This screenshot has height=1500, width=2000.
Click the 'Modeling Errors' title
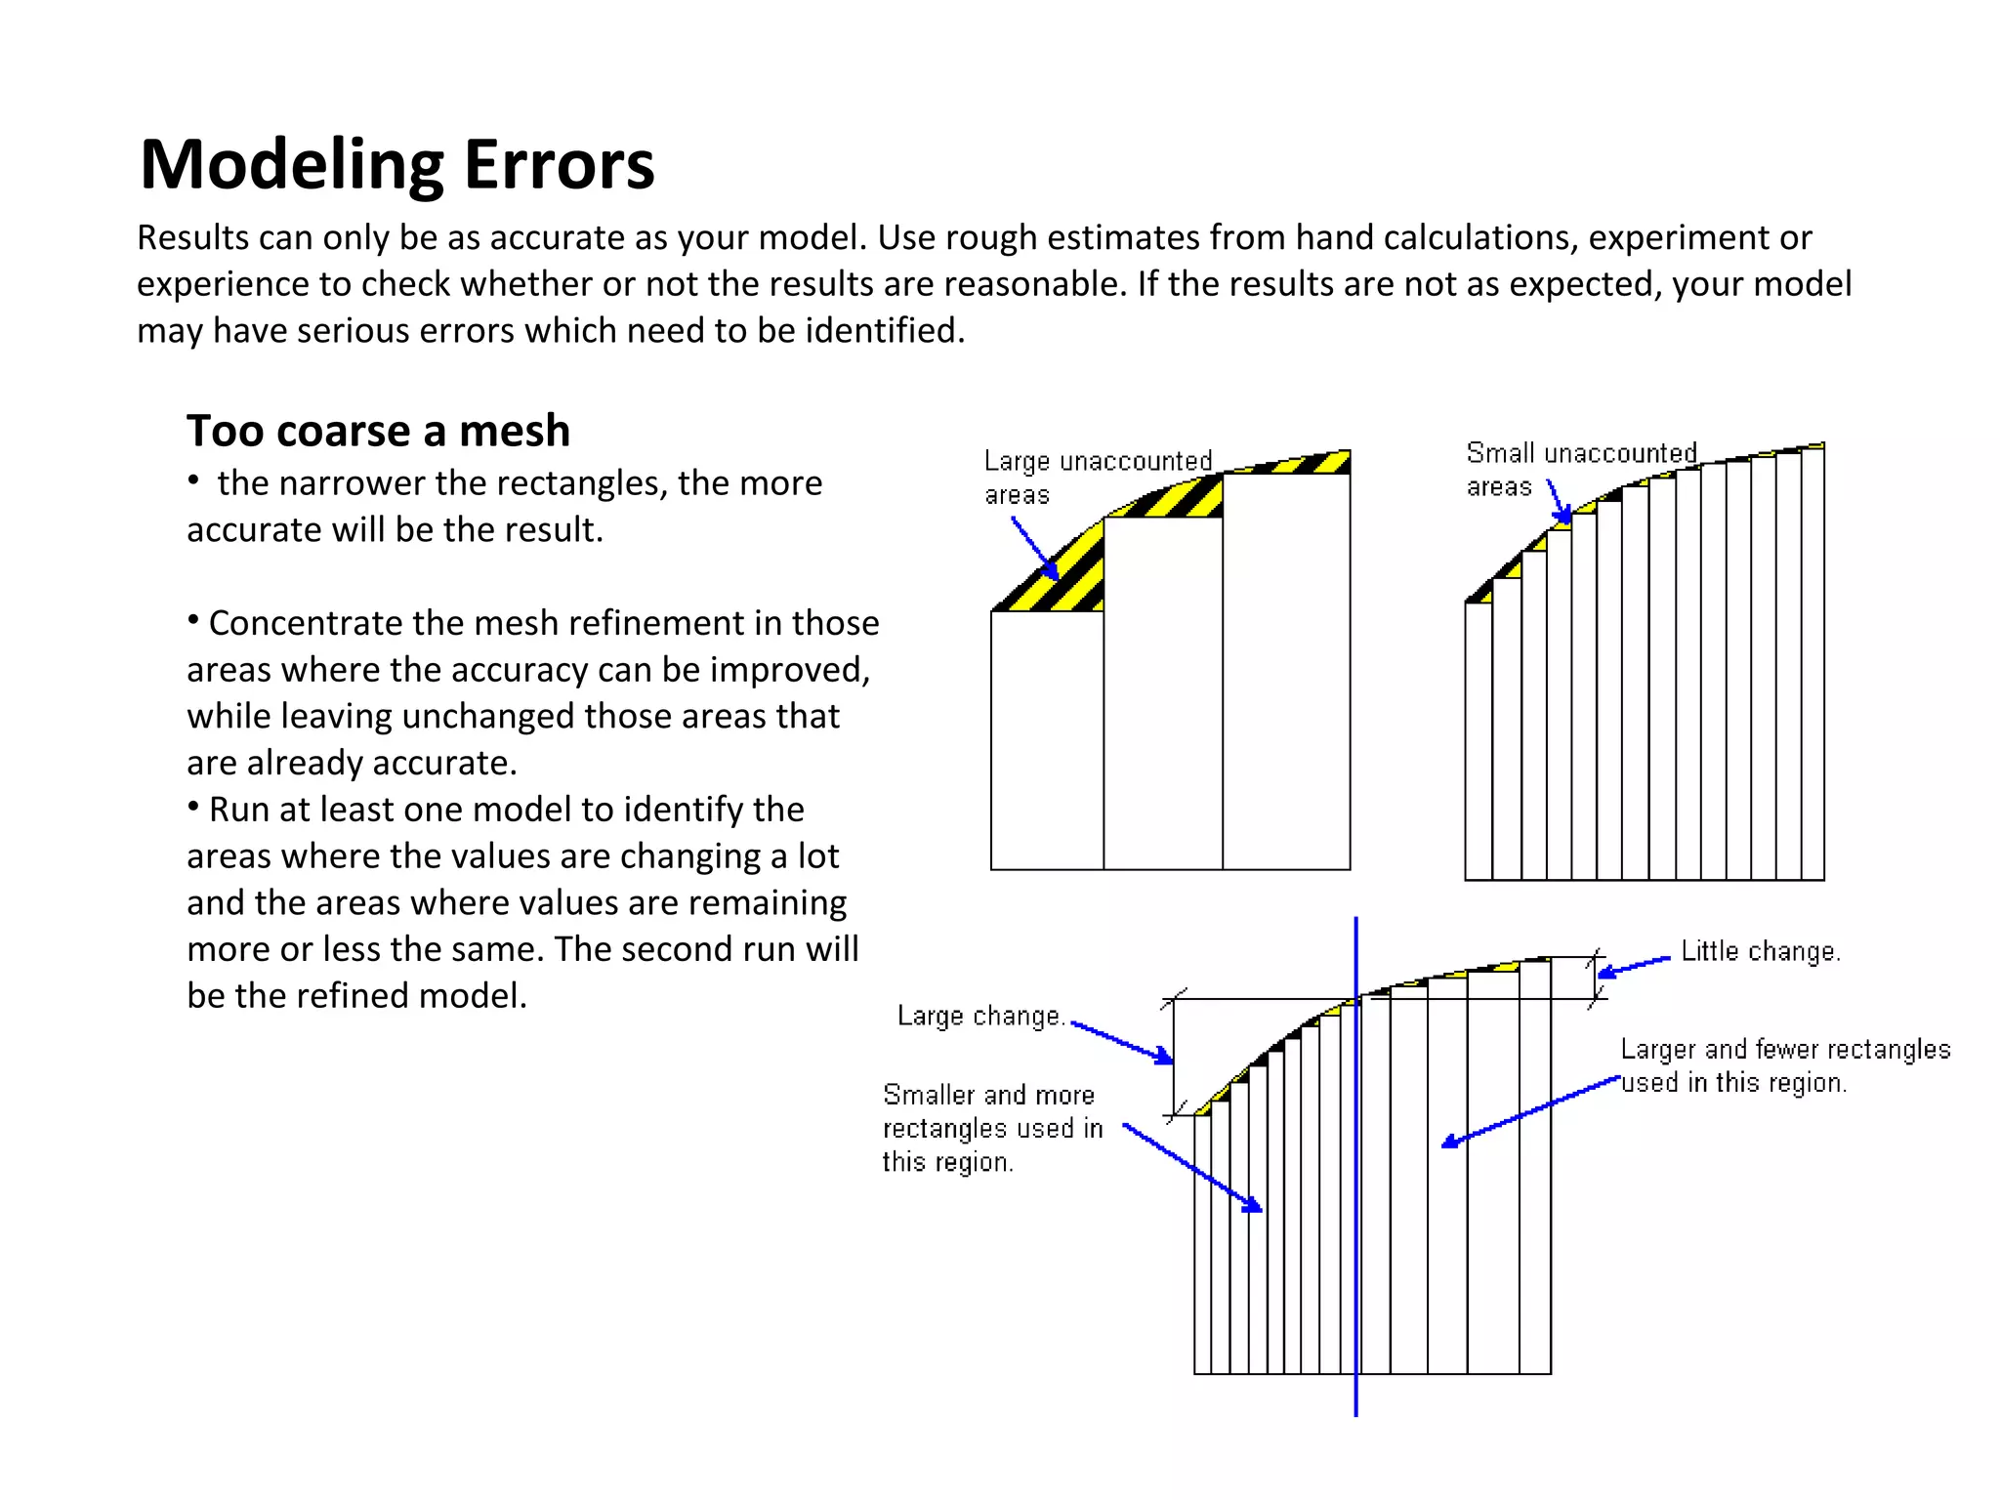click(396, 164)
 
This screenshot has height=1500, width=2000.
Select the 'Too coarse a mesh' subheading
click(378, 431)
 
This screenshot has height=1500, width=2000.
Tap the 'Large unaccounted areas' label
click(1096, 477)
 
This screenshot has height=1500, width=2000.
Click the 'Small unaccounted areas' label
click(1579, 469)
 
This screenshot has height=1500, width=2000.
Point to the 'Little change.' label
click(1760, 951)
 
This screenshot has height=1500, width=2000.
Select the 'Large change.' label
click(979, 1017)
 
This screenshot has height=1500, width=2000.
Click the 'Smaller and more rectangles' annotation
click(990, 1128)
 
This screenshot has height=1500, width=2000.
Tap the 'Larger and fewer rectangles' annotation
click(1784, 1065)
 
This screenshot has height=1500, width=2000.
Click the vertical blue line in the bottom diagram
click(1355, 1221)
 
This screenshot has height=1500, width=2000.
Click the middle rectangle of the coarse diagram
click(1163, 692)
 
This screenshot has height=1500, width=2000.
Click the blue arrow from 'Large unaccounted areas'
click(1034, 548)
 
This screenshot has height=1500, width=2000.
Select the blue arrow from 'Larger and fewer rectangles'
click(1530, 1111)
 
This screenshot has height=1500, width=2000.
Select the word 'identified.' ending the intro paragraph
click(885, 331)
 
